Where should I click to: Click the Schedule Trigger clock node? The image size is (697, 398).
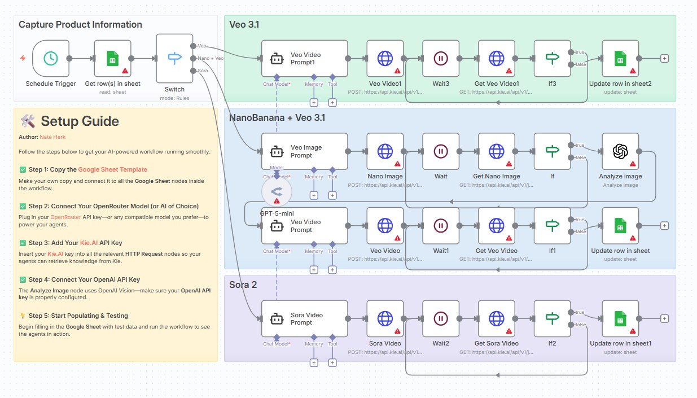click(50, 58)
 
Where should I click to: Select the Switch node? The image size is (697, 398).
click(174, 58)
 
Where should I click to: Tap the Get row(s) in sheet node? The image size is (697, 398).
click(112, 58)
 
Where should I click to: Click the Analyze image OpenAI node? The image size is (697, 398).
click(620, 151)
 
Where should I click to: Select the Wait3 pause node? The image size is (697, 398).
click(441, 58)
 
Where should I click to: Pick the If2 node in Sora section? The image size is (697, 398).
click(552, 318)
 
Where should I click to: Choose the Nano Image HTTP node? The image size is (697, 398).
click(385, 151)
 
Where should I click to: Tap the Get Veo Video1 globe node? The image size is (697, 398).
click(496, 58)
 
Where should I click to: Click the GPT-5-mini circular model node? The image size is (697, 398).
click(277, 191)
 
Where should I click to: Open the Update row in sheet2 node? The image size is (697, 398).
click(620, 58)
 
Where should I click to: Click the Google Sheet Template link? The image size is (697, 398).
click(112, 169)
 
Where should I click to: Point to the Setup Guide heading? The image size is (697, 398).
click(80, 121)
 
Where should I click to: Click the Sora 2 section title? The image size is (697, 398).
click(243, 285)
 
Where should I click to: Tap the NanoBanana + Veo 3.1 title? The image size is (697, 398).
click(277, 117)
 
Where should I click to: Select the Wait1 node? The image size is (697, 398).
click(441, 226)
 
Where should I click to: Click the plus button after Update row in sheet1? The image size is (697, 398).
click(664, 318)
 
